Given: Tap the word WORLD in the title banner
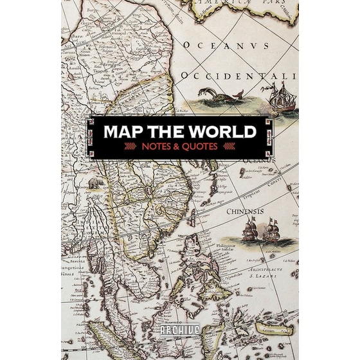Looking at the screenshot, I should click(x=222, y=132).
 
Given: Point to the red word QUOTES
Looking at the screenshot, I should click(x=203, y=147).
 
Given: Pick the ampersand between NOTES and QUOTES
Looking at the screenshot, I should click(x=181, y=147).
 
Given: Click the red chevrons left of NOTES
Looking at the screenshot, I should click(x=131, y=147).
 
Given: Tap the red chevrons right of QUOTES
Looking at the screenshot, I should click(x=229, y=147).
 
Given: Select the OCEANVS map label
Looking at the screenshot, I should click(x=225, y=45).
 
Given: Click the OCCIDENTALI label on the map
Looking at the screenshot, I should click(x=238, y=76).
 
